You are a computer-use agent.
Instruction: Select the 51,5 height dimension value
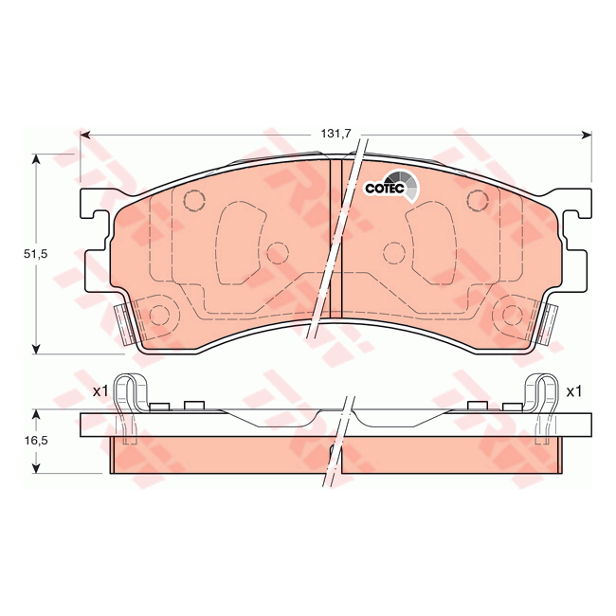(36, 254)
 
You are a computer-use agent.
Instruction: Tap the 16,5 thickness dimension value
(36, 441)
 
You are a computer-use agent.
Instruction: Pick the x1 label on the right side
(573, 390)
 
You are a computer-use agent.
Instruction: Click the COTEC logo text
(385, 189)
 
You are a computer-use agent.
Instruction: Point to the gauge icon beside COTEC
(405, 183)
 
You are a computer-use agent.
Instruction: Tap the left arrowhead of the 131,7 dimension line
(85, 136)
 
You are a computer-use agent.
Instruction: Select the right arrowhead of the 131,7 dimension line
(587, 136)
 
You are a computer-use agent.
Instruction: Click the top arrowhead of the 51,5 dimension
(36, 159)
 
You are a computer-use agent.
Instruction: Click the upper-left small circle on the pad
(193, 201)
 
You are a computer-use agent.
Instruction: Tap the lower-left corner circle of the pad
(159, 316)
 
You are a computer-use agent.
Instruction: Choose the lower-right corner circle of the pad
(514, 316)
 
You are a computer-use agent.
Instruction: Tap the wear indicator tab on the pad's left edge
(123, 323)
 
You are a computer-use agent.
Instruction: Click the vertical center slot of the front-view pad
(335, 237)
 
